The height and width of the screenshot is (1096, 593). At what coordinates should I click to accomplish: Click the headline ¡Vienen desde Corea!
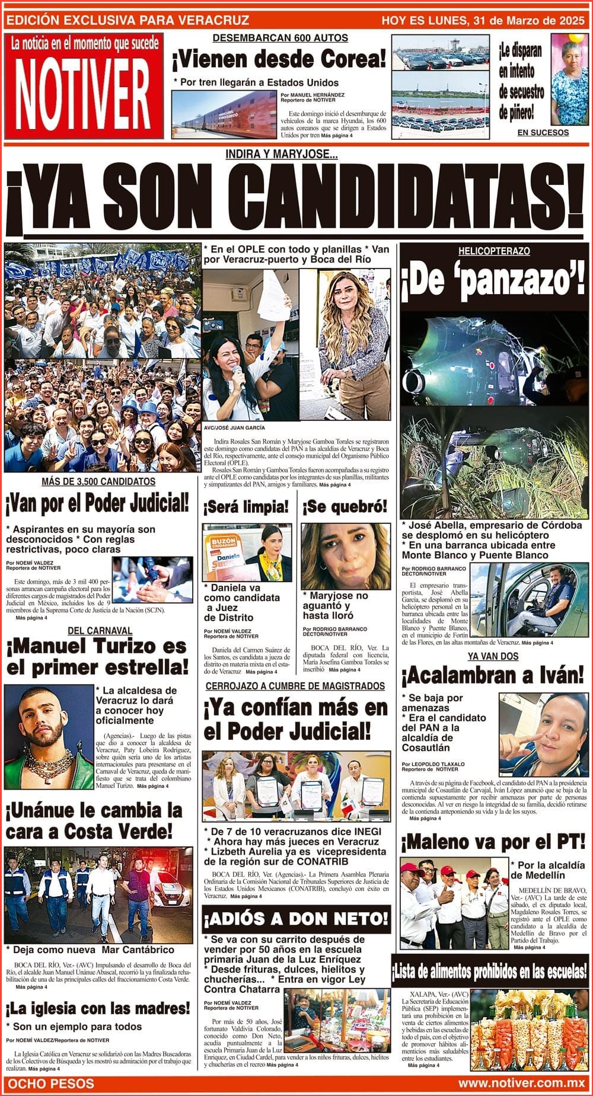click(279, 60)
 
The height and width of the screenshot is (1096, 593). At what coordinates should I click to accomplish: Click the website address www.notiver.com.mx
click(521, 1083)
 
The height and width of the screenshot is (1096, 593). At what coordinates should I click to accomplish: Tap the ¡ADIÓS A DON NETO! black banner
click(296, 919)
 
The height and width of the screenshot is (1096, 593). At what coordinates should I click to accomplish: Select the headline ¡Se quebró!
click(345, 507)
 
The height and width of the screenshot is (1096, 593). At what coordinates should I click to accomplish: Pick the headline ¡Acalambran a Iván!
click(492, 675)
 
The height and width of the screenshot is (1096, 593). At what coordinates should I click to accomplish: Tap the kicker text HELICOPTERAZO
click(493, 251)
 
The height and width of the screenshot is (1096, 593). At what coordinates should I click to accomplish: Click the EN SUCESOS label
click(543, 133)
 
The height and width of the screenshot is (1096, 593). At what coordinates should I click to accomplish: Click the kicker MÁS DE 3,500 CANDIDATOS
click(98, 482)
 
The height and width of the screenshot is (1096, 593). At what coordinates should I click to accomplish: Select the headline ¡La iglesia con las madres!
click(98, 1008)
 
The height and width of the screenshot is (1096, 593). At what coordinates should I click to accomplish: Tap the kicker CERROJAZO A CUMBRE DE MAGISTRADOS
click(295, 686)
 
